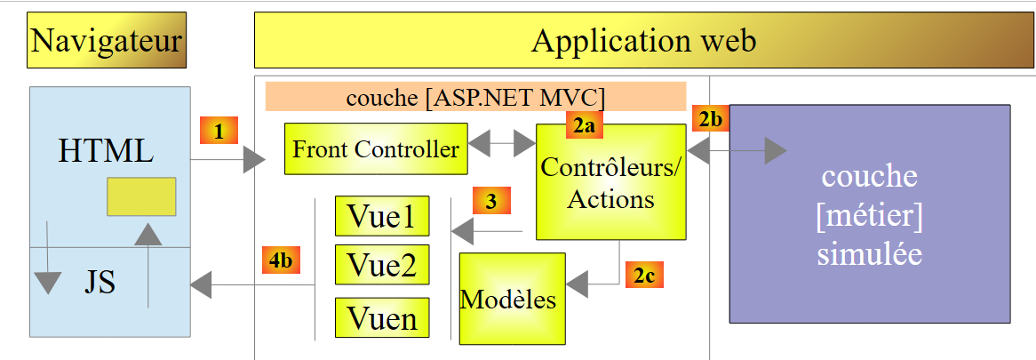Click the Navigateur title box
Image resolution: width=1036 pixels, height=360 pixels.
click(107, 40)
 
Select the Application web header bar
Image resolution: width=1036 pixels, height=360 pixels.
click(644, 41)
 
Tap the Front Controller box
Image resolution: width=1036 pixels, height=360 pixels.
click(376, 149)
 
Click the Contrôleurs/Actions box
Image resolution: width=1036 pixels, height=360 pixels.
click(610, 182)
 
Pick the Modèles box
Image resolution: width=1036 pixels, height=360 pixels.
click(512, 298)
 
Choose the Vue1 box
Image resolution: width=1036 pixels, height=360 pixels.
click(382, 217)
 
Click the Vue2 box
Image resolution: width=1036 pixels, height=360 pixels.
click(382, 265)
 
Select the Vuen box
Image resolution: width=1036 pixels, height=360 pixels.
click(382, 317)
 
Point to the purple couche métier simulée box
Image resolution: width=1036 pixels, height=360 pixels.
click(869, 213)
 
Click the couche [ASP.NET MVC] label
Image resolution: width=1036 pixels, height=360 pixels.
click(475, 96)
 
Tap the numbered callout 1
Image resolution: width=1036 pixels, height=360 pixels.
click(219, 132)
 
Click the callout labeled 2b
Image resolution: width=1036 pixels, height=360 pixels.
click(711, 118)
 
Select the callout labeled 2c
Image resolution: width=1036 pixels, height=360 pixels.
click(645, 275)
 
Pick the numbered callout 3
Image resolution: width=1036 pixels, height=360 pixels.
click(491, 201)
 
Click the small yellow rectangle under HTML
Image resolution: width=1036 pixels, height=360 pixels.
click(141, 196)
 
